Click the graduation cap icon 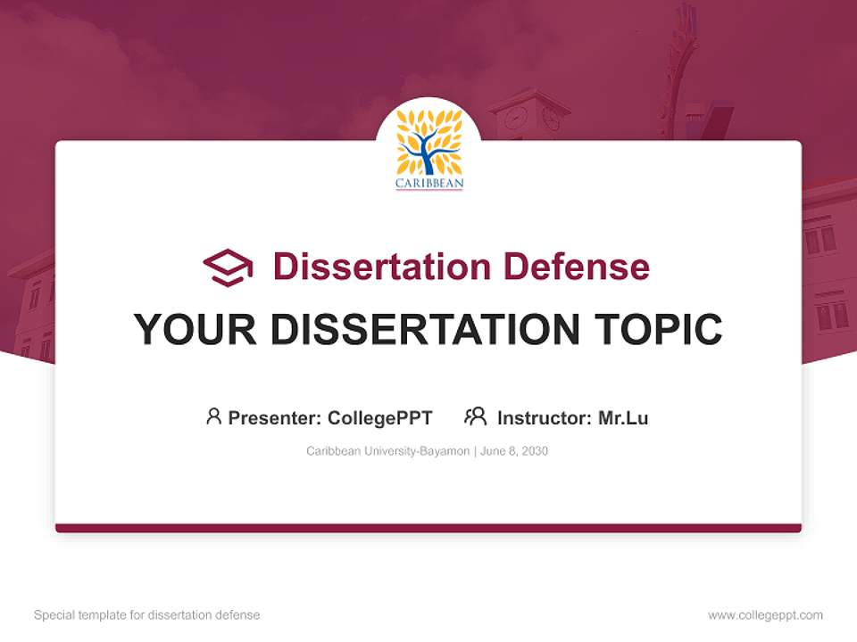[228, 267]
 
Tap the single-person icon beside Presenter [213, 416]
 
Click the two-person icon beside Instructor [475, 416]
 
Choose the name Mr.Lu [623, 417]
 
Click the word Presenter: [275, 417]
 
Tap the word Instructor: [545, 417]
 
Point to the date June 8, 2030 [514, 451]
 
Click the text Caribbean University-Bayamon [387, 451]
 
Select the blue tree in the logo [428, 147]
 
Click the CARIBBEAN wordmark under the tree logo [429, 185]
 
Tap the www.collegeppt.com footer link [765, 615]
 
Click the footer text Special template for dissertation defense [147, 615]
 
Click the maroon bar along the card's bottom [428, 528]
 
